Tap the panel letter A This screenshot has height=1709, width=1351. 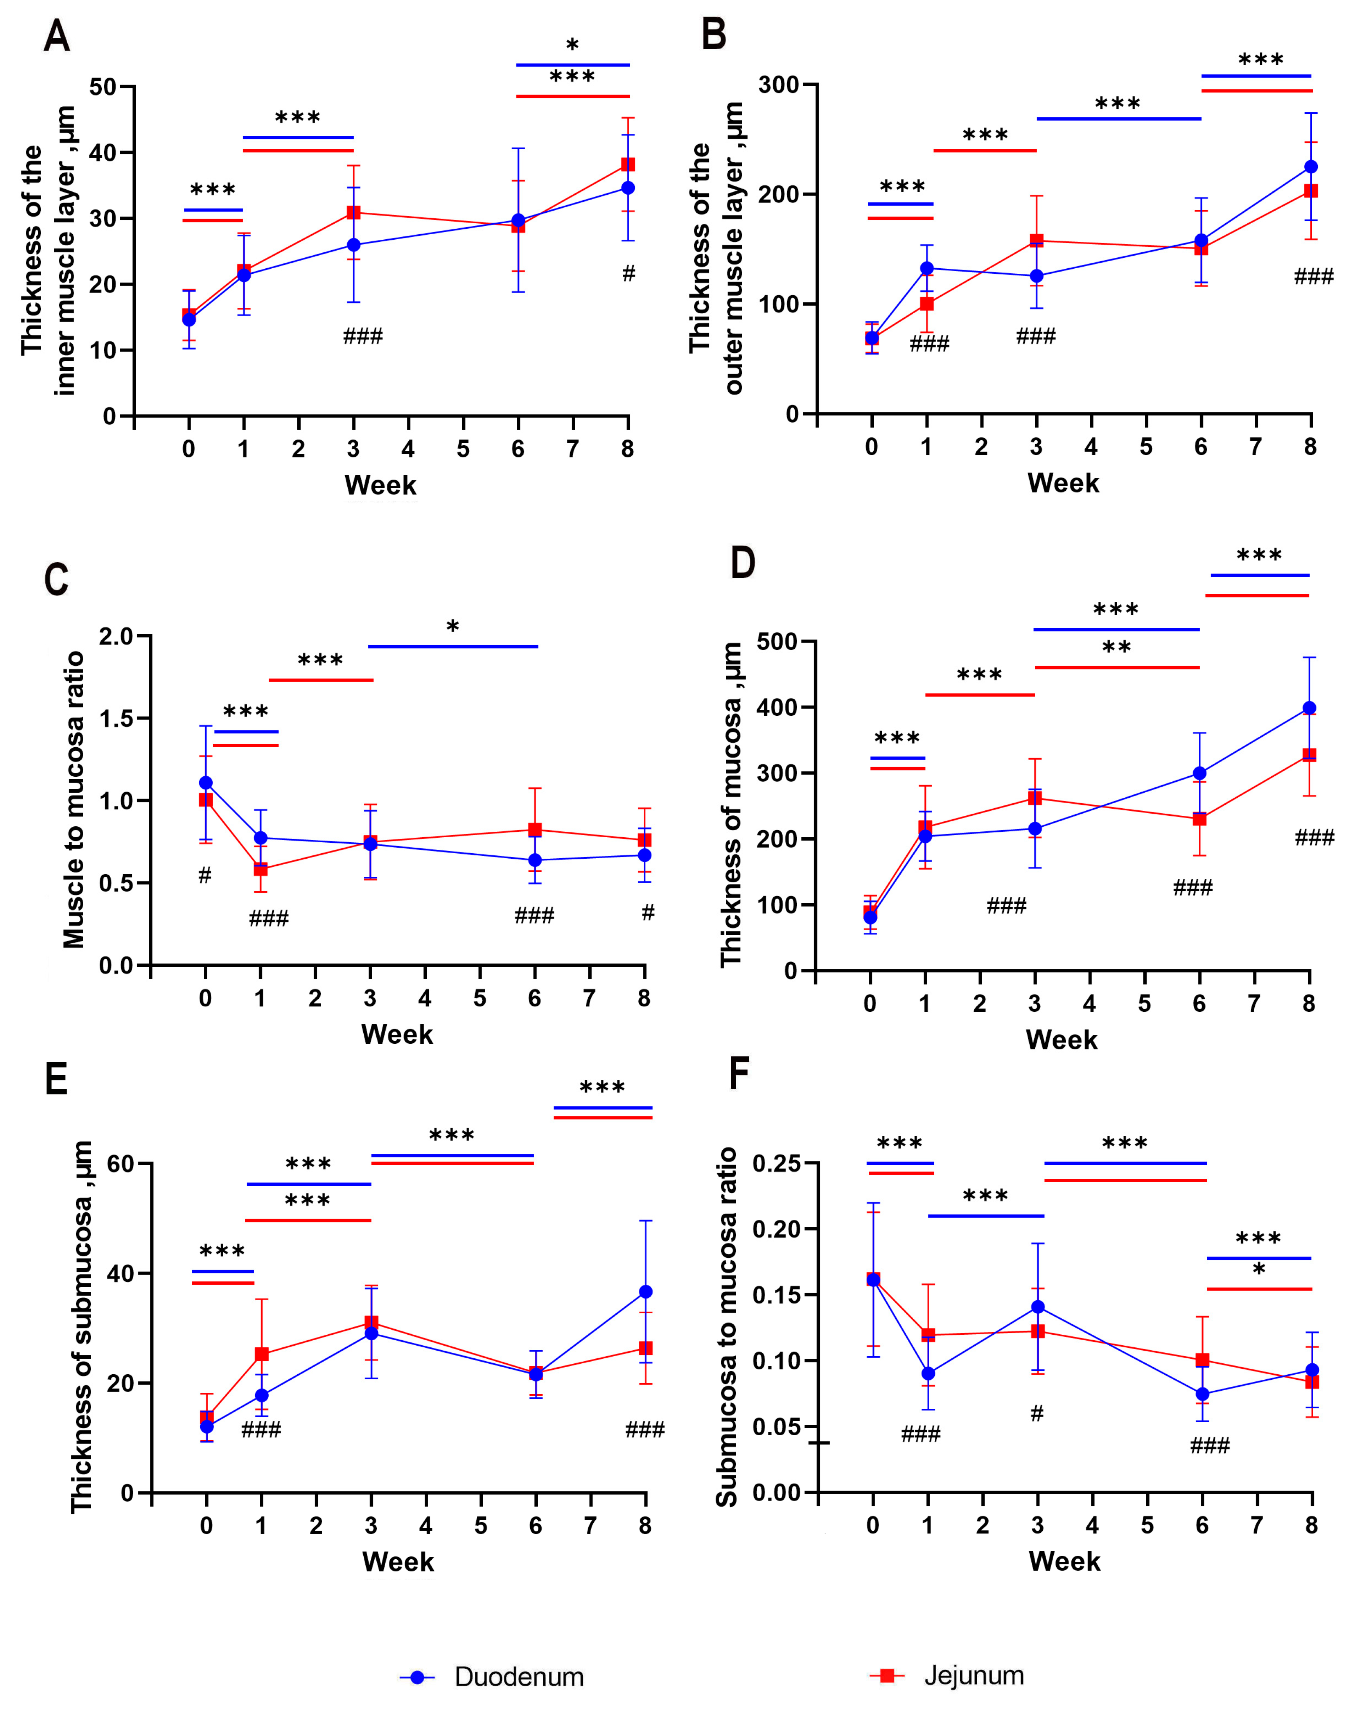[x=57, y=37]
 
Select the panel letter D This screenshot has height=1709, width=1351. [x=742, y=563]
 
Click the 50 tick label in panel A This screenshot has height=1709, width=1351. [x=103, y=87]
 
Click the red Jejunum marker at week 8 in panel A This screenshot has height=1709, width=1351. [x=628, y=164]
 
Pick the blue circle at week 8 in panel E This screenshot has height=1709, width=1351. [x=645, y=1291]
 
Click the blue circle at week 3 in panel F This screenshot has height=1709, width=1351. [x=1038, y=1307]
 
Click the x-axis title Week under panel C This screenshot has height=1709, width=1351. [x=397, y=1034]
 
